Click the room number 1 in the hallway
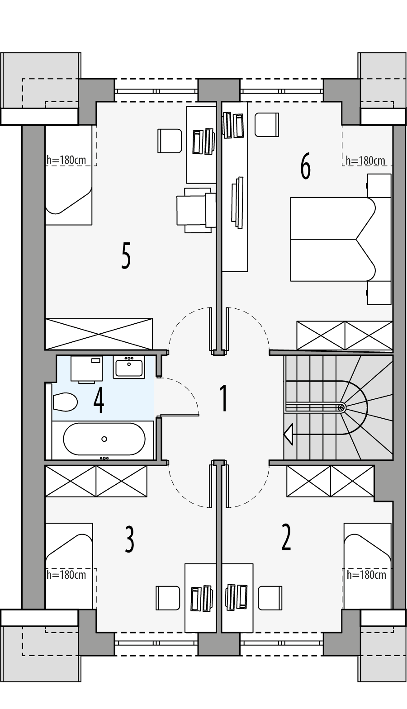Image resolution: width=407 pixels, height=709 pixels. [x=223, y=398]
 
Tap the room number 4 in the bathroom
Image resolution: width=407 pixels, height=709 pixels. [x=99, y=401]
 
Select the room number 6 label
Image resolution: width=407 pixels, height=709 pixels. [x=306, y=166]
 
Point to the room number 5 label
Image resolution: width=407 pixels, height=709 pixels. [x=126, y=256]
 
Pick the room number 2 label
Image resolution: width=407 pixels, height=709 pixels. [x=286, y=538]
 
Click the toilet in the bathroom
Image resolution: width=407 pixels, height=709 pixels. [x=65, y=402]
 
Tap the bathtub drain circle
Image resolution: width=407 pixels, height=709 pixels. [x=104, y=439]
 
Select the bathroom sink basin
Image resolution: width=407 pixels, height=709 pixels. [x=129, y=368]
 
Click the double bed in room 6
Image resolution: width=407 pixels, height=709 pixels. [x=332, y=239]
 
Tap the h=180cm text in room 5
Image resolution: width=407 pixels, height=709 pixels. [x=66, y=160]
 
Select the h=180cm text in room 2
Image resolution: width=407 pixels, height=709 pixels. [x=366, y=575]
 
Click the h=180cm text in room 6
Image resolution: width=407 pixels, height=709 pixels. [x=365, y=161]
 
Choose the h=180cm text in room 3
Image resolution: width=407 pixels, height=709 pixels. [x=66, y=575]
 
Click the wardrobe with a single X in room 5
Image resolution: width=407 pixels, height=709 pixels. [x=99, y=334]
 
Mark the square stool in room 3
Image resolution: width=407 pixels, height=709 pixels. [x=168, y=598]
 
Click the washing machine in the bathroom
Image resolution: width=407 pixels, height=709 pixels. [x=87, y=369]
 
